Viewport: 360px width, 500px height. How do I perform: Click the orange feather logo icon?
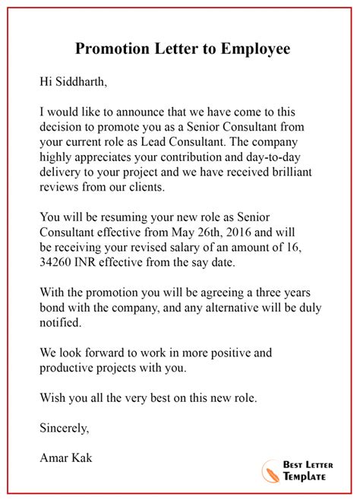pyautogui.click(x=271, y=471)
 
